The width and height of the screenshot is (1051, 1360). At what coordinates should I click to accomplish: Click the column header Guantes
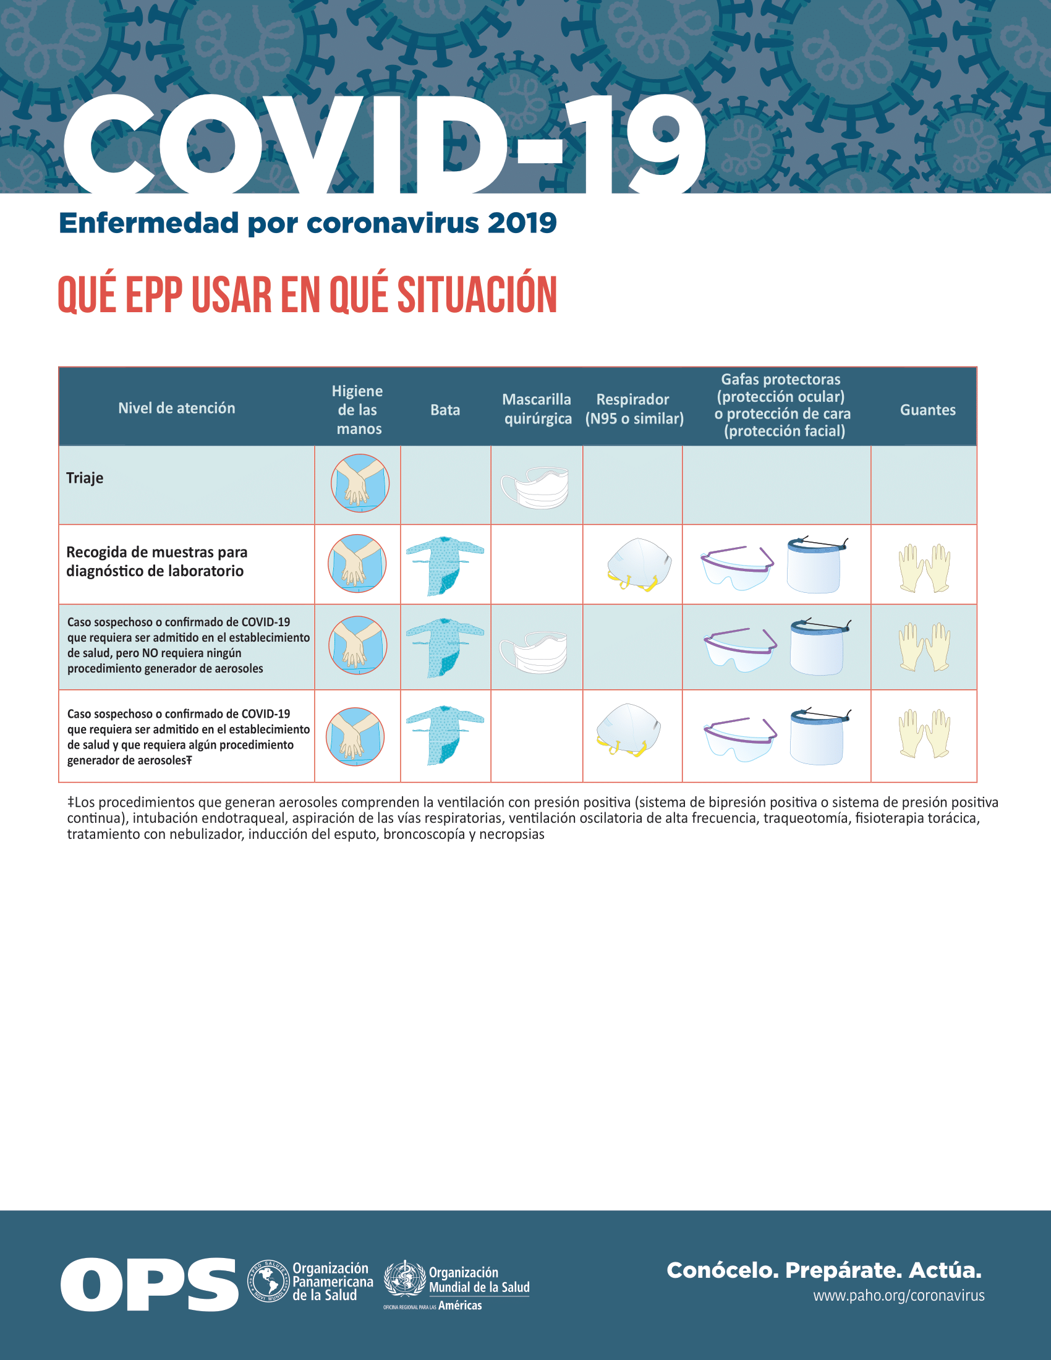click(x=927, y=410)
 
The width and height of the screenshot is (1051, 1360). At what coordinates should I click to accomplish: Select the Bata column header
click(x=445, y=410)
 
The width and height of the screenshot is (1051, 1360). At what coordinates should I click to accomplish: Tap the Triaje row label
click(x=85, y=478)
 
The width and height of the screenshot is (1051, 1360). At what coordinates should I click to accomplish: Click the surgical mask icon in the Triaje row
click(x=535, y=487)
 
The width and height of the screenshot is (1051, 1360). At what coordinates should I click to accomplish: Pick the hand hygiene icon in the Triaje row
click(x=360, y=483)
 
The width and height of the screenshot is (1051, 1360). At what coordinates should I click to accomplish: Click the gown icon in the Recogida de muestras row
click(x=445, y=565)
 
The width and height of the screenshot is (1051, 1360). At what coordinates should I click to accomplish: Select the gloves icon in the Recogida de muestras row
click(x=925, y=567)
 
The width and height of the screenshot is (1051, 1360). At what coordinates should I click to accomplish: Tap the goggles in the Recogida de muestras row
click(x=737, y=567)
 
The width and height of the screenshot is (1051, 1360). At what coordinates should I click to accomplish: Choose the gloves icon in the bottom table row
click(x=925, y=733)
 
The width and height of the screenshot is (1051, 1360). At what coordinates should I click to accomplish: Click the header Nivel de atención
click(x=177, y=408)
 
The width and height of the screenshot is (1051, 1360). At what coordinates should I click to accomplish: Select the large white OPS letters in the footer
click(x=150, y=1284)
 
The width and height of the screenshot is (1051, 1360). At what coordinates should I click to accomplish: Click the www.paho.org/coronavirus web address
click(x=898, y=1296)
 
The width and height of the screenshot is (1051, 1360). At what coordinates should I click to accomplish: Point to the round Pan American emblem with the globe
click(x=269, y=1281)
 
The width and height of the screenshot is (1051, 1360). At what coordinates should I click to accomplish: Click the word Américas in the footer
click(x=459, y=1306)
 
